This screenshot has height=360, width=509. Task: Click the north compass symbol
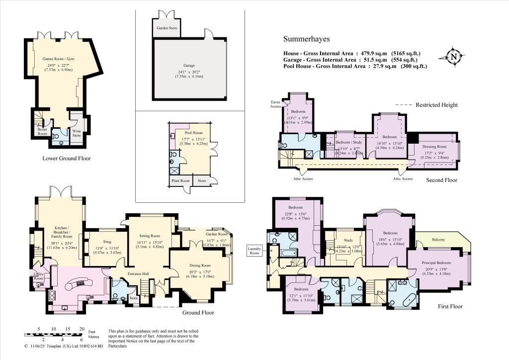pyautogui.click(x=453, y=57)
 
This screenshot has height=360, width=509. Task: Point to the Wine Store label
pyautogui.click(x=76, y=132)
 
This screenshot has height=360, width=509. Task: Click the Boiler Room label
pyautogui.click(x=42, y=131)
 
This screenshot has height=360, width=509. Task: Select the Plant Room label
pyautogui.click(x=181, y=181)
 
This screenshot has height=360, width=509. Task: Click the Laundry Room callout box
pyautogui.click(x=254, y=250)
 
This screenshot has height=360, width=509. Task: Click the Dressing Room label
pyautogui.click(x=434, y=147)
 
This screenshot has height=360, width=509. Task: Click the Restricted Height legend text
pyautogui.click(x=436, y=105)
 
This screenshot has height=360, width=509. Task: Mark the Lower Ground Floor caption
pyautogui.click(x=67, y=159)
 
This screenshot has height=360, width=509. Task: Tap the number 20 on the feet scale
pyautogui.click(x=82, y=329)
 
